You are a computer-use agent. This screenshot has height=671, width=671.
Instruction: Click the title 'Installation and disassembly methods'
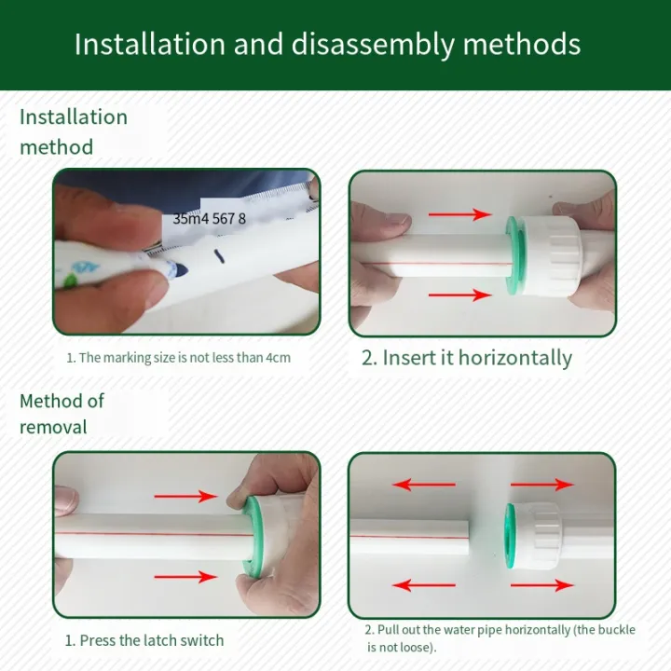coord(327,44)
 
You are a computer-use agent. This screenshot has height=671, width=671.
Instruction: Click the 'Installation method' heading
coord(74,131)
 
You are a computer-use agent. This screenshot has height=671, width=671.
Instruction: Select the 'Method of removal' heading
coord(62,414)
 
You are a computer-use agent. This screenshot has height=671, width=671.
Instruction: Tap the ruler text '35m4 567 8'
coord(210,218)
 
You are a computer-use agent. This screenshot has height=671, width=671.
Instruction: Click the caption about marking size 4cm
coord(185,357)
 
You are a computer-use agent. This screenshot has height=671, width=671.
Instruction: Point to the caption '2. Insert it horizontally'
coord(466,358)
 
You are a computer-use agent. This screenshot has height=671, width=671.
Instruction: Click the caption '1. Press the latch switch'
coord(144,640)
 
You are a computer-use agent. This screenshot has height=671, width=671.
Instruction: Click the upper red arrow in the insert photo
coord(459,214)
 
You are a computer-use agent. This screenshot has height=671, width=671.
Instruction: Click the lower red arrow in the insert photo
coord(459,295)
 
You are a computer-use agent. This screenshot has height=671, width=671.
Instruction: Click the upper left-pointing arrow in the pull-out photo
coord(423,485)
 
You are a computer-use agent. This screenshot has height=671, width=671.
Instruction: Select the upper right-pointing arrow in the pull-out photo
coord(542,485)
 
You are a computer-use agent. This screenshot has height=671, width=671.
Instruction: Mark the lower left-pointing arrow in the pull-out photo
coord(423,585)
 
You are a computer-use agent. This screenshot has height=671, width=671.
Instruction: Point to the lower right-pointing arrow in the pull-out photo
coord(542,585)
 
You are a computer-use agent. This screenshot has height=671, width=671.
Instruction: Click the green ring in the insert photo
coord(513,255)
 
